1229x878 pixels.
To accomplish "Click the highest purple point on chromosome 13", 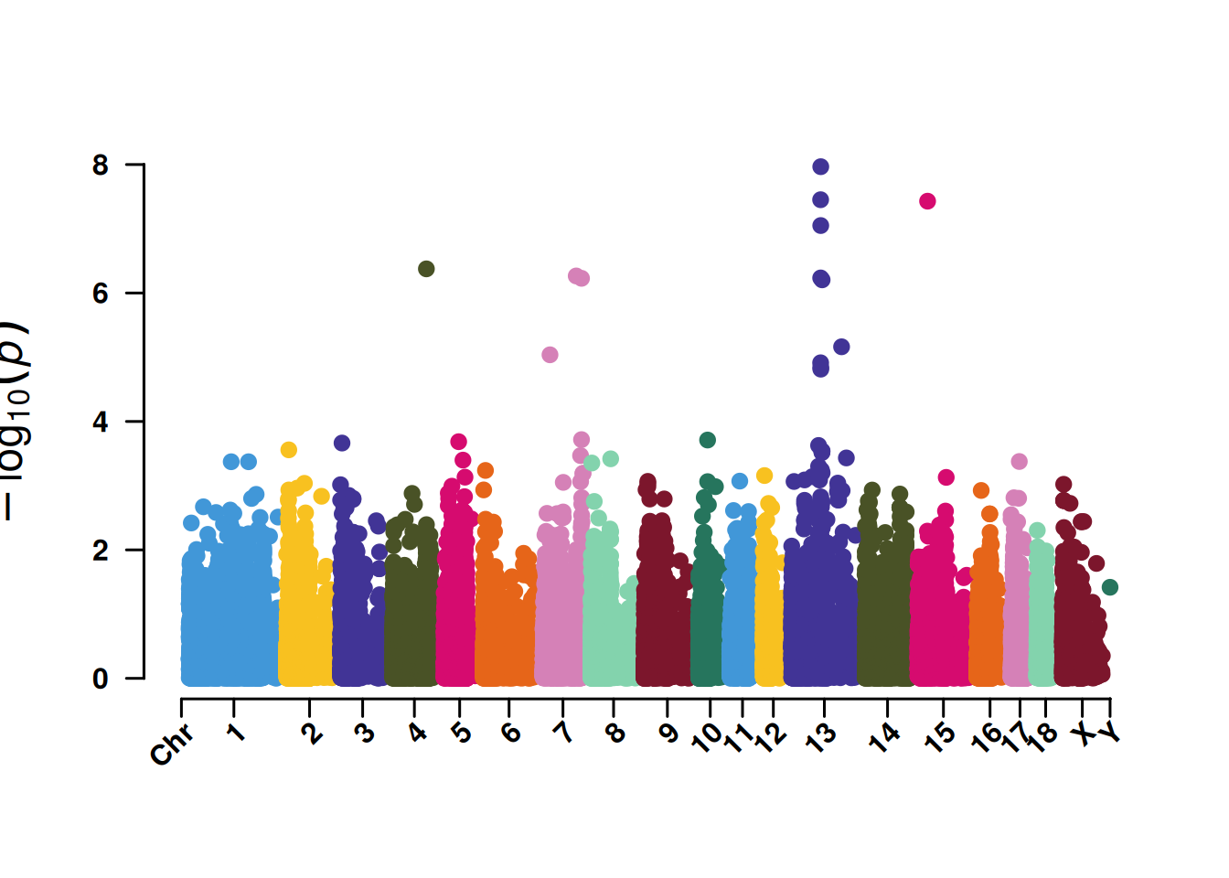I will point(820,166).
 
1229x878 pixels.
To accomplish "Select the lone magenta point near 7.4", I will point(927,201).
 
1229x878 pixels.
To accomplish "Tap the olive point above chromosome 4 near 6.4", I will point(426,269).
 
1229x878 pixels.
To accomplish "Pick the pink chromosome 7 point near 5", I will point(550,355).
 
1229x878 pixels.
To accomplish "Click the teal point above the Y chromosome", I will point(1110,587).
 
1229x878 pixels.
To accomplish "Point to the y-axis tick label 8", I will point(101,166).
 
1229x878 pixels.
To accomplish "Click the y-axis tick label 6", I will point(101,294).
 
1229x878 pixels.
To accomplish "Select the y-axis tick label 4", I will point(101,423).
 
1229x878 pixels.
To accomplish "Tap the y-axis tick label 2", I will point(101,551).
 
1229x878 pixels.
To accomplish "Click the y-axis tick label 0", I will point(101,680).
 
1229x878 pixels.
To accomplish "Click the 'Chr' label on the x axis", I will point(172,744).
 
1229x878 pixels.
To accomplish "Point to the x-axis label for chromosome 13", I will point(820,737).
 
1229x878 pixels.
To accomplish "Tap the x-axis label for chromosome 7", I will point(564,733).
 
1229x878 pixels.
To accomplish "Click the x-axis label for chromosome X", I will point(1085,733).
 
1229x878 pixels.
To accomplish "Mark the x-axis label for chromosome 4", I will point(417,733).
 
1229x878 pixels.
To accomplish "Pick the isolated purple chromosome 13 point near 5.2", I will point(841,347).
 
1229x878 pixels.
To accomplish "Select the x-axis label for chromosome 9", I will point(669,733).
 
